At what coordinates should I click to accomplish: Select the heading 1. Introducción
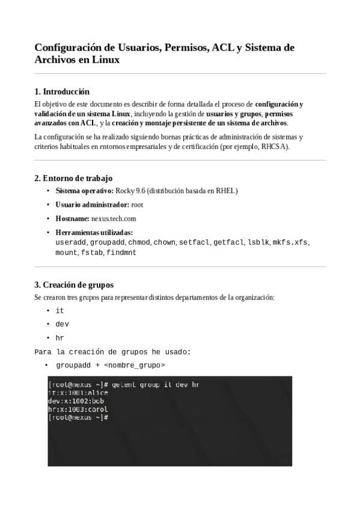click(62, 91)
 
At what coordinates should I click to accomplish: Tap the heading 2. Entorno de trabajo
click(73, 178)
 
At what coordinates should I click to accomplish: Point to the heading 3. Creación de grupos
click(74, 284)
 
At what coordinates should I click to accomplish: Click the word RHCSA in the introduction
click(274, 146)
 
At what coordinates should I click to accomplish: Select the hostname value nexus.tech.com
click(114, 218)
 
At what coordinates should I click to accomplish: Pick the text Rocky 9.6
click(131, 191)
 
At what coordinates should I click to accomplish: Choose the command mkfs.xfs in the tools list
click(290, 242)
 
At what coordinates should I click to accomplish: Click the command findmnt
click(121, 253)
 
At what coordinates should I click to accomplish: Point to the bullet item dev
click(62, 324)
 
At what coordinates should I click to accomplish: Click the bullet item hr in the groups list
click(59, 338)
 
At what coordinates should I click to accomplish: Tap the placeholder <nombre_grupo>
click(134, 365)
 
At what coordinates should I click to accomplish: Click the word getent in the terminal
click(124, 384)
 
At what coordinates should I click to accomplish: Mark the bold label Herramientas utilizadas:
click(94, 232)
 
